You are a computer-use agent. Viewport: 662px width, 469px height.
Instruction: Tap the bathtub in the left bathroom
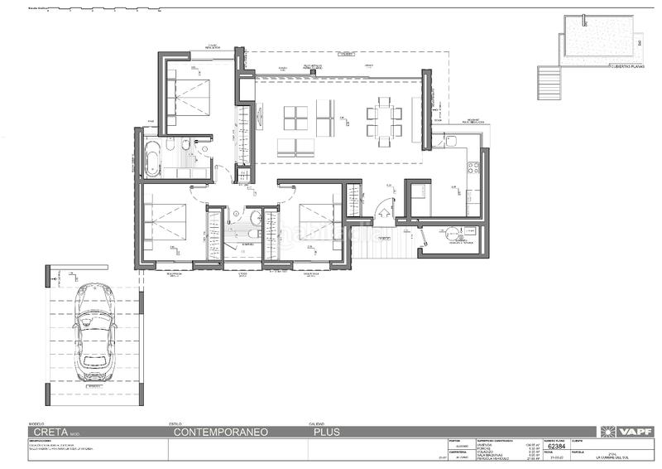pos(153,158)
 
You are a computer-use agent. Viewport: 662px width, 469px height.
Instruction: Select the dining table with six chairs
pos(385,118)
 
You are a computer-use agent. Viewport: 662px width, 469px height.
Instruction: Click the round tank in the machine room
pos(452,234)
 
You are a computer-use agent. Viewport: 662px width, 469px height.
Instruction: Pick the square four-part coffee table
pos(295,118)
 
